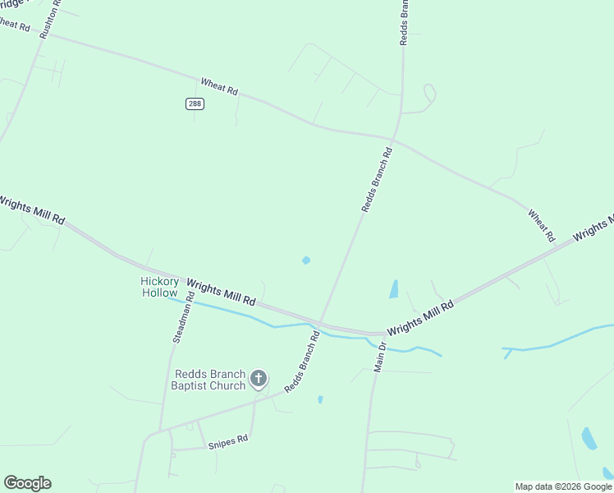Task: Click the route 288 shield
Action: point(195,104)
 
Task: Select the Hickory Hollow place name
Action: point(159,287)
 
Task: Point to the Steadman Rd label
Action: point(182,316)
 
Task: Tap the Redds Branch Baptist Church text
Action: point(208,380)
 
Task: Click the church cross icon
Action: point(259,379)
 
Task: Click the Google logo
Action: point(27,483)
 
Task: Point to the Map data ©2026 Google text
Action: point(563,486)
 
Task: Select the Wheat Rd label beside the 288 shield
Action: point(219,86)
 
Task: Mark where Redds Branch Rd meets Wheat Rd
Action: point(395,138)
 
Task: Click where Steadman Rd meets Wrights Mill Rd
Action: point(192,279)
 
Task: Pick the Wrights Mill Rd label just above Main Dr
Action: point(420,317)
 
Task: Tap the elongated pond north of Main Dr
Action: point(394,289)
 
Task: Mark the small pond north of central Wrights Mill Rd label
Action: point(306,260)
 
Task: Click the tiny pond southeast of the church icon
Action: point(320,399)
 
